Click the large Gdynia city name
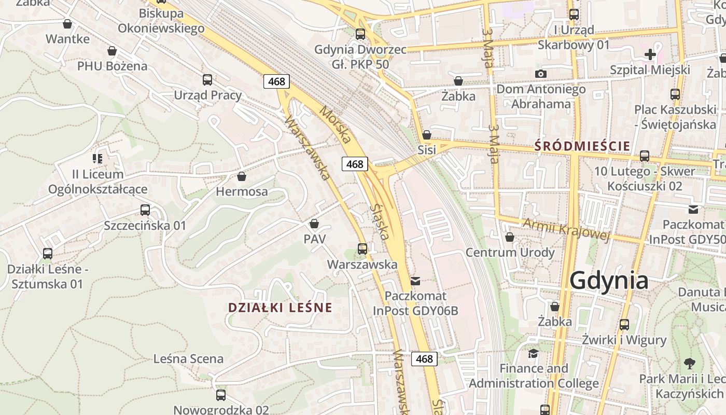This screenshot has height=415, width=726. [609, 281]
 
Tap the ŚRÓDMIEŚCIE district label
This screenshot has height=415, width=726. [582, 146]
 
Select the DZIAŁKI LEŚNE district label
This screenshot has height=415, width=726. [280, 308]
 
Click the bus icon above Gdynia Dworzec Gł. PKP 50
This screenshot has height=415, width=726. [360, 34]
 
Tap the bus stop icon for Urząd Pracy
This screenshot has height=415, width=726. [207, 80]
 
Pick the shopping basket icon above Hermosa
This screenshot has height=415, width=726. [242, 176]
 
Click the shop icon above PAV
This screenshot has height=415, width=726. [314, 224]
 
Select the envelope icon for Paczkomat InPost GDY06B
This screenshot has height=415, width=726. [415, 281]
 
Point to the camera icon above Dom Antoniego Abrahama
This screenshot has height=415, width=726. [541, 74]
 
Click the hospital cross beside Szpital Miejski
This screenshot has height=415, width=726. [650, 54]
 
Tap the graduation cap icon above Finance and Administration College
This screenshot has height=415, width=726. [533, 353]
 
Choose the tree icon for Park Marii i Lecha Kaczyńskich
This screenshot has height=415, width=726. [689, 363]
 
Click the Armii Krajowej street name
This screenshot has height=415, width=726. [565, 229]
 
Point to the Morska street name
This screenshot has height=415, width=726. [335, 125]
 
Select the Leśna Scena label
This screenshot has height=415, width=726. [188, 358]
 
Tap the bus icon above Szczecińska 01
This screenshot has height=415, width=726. [145, 210]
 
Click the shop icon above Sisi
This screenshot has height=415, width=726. [427, 135]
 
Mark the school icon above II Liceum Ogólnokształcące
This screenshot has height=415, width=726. [97, 159]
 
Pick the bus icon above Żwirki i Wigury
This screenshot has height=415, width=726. [624, 325]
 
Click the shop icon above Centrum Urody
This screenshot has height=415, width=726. [510, 237]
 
